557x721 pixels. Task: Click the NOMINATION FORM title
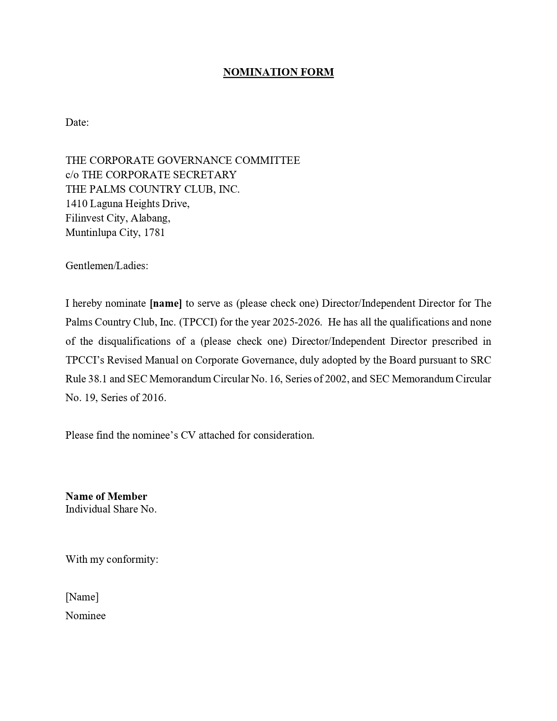point(278,72)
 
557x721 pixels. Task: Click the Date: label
point(77,122)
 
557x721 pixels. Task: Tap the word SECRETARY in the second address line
point(205,175)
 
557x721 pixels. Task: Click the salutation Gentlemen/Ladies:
point(107,266)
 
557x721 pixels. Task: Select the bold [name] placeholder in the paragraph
point(166,303)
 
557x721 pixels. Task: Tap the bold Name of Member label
point(106,496)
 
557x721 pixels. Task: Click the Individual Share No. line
point(111,509)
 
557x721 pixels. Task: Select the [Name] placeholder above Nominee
point(82,597)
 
